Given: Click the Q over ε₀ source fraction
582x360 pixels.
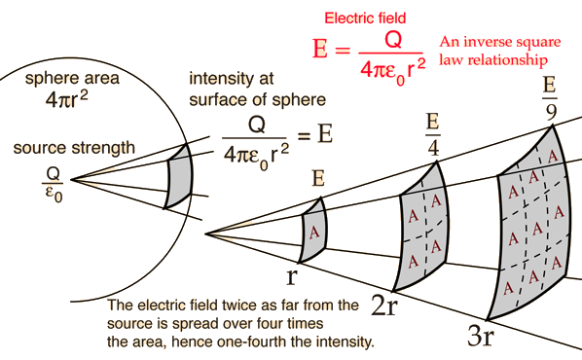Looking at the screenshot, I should [53, 182].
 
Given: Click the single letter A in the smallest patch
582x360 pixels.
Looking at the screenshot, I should [313, 234].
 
